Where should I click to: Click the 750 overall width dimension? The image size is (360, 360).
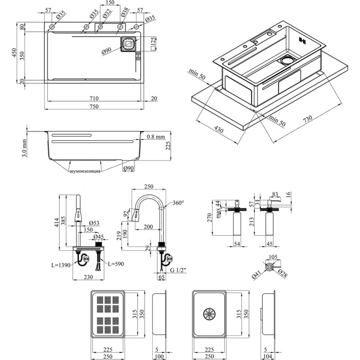[93, 106]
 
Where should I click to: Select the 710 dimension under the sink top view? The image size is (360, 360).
[93, 98]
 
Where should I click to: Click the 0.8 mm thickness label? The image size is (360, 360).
[157, 136]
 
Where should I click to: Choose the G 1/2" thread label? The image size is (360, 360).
[178, 270]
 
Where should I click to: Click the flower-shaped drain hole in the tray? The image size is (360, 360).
[210, 314]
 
